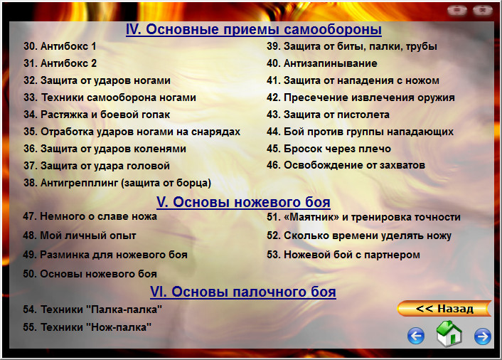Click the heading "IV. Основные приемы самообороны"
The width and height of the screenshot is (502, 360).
(x=254, y=30)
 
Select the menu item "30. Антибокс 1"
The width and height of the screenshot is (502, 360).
(x=60, y=46)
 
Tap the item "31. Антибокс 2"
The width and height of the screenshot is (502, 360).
(x=60, y=63)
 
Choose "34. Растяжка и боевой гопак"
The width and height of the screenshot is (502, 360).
(x=97, y=115)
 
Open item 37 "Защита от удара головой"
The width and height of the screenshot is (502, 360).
(x=97, y=166)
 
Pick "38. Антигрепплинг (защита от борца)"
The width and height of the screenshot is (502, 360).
(x=117, y=183)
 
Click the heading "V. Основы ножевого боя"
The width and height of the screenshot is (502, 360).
(x=243, y=202)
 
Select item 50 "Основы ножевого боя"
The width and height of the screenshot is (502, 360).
(x=90, y=273)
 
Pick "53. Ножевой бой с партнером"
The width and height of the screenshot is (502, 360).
(x=343, y=255)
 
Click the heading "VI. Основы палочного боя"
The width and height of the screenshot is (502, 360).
(x=243, y=292)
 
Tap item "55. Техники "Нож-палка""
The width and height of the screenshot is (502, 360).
(x=87, y=327)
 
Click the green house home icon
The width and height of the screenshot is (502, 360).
(x=449, y=334)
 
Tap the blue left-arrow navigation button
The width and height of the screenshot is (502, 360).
(x=416, y=336)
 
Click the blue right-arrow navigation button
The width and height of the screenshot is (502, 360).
(x=483, y=336)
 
